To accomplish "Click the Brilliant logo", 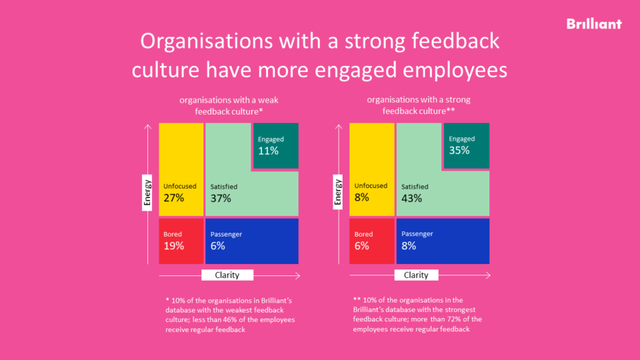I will [593, 24].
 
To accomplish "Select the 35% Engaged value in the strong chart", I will [459, 151].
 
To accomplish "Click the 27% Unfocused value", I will [173, 198].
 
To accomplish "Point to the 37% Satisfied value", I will [221, 198].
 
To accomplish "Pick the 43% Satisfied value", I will [411, 198].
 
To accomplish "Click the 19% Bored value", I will [173, 245].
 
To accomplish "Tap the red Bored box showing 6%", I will [371, 241].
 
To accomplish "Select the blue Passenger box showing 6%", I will [251, 241].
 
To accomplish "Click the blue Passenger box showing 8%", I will [443, 241].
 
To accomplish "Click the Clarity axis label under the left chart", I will [227, 275].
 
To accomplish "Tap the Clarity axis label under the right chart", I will [416, 275].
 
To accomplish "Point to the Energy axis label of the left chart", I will [148, 193].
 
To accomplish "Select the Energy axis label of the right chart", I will [338, 193].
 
